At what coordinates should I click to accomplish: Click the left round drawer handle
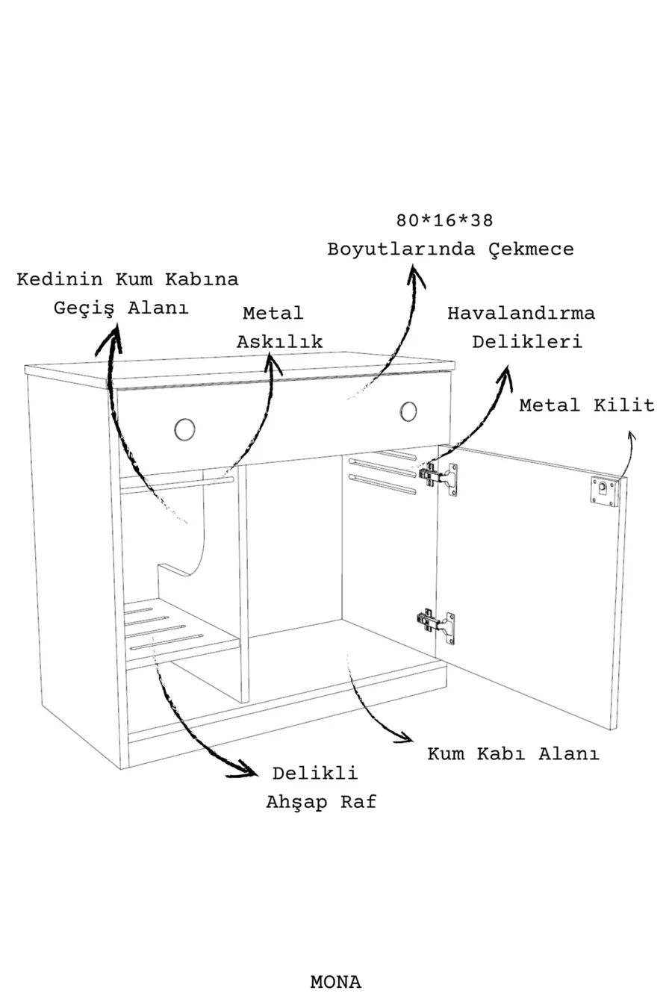click(184, 429)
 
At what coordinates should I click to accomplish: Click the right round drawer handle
click(408, 411)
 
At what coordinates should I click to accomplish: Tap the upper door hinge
click(438, 476)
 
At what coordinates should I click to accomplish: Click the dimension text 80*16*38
click(445, 221)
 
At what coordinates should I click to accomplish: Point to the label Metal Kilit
click(586, 405)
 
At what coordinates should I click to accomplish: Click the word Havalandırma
click(521, 314)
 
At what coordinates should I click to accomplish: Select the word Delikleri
click(527, 342)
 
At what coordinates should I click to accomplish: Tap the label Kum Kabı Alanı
click(513, 753)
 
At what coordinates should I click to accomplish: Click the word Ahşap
click(296, 803)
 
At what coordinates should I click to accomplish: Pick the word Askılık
click(279, 342)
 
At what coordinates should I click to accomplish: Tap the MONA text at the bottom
click(335, 982)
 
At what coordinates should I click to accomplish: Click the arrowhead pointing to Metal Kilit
click(631, 437)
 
